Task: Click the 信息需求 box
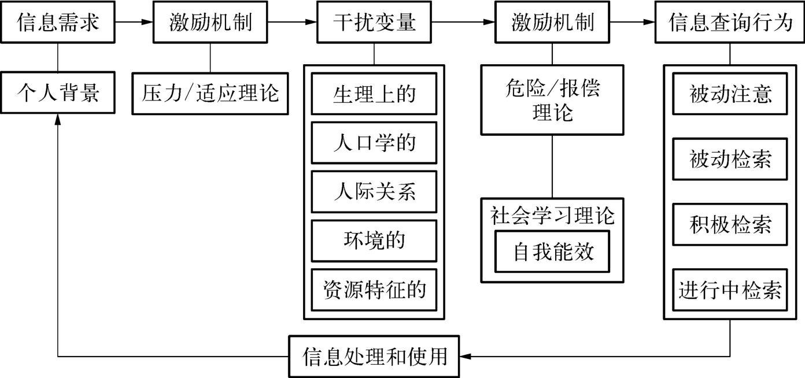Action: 58,23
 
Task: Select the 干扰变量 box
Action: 374,23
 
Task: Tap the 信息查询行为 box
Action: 730,23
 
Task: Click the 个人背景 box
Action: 58,92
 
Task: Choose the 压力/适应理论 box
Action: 210,93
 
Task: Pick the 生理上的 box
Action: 374,94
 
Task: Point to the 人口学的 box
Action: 374,143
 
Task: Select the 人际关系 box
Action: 374,191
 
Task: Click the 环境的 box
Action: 374,240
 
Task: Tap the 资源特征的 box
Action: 374,289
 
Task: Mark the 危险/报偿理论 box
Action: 552,99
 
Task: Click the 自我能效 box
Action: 552,252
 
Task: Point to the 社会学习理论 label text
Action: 552,216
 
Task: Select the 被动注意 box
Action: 730,94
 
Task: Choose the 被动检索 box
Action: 730,159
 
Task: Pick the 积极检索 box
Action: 730,224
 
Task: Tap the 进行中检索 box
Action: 730,290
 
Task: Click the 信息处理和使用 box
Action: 374,357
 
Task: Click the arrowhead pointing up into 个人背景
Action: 58,118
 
